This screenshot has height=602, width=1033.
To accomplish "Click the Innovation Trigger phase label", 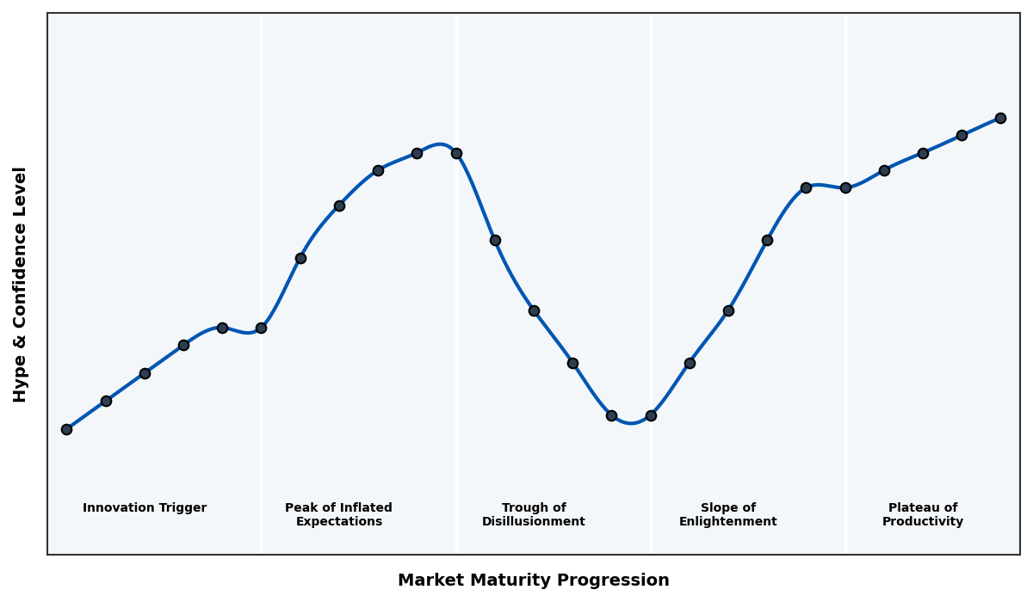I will pos(145,508).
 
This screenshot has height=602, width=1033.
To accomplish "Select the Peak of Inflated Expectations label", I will pos(338,515).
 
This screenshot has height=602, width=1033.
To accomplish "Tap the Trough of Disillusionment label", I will pos(534,515).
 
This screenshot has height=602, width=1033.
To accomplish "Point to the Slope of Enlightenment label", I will pos(728,515).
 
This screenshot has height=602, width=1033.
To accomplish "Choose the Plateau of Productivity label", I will pos(923,515).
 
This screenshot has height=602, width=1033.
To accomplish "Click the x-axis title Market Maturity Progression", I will pos(534,580).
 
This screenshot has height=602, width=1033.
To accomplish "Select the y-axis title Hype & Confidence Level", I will pos(21,285).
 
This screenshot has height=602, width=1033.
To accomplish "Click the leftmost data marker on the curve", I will pos(66,429).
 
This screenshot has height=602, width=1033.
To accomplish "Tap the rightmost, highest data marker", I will pos(1000,118).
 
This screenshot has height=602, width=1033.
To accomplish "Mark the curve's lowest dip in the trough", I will pos(631,423).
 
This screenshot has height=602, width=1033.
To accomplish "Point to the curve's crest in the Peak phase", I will pos(440,144).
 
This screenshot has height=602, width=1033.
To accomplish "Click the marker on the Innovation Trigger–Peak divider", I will pos(261,328).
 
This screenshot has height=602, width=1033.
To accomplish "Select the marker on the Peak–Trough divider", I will pos(456,153).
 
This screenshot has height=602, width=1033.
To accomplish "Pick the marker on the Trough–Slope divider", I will pos(651,415).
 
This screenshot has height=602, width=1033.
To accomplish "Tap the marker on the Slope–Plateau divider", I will pos(845,187).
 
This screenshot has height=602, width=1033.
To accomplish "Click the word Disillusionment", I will pos(534,522).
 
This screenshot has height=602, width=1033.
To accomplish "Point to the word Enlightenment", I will pos(728,522).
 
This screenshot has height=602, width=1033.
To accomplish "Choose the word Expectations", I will pos(338,522).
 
